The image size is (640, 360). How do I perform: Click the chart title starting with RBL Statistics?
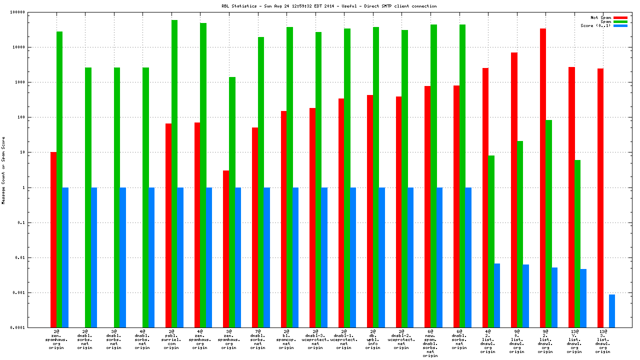[329, 6]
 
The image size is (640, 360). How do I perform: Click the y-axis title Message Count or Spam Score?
[3, 170]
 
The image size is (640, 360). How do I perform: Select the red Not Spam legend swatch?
[620, 17]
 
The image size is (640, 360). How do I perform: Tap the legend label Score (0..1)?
[595, 25]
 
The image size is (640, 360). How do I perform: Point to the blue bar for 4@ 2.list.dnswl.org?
[497, 295]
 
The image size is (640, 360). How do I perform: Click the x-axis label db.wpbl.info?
[372, 339]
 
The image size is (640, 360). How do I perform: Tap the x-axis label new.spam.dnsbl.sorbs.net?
[430, 343]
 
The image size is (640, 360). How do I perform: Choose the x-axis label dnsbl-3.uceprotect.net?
[315, 339]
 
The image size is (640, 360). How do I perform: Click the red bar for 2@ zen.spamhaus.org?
[53, 239]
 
